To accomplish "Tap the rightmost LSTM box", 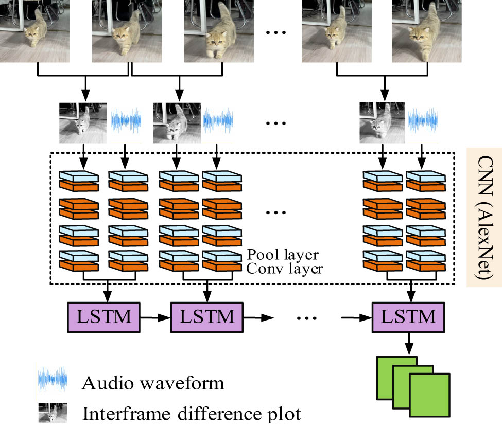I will click(408, 316).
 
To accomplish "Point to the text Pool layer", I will click(283, 255).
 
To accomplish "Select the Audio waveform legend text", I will click(153, 383).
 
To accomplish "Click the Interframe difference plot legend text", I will click(191, 414).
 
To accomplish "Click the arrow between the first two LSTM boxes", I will click(155, 317).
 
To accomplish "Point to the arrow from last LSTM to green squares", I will click(408, 342).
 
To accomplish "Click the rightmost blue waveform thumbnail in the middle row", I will click(423, 122).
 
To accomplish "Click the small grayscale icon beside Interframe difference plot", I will click(51, 414).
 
